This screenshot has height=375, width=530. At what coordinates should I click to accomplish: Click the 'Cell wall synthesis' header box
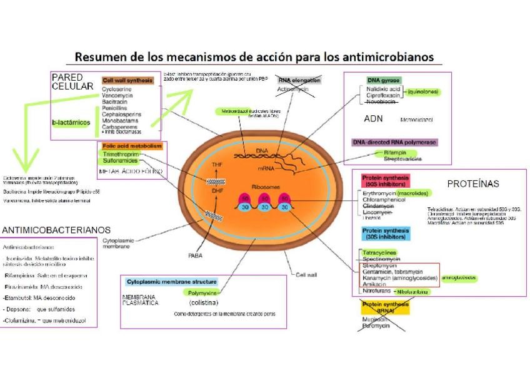127,81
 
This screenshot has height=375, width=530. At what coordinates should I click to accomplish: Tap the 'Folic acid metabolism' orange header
132,146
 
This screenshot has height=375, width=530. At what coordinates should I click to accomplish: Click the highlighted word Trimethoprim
121,154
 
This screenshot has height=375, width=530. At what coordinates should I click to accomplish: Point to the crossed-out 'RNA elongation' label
299,80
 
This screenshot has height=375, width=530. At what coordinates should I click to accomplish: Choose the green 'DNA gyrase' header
383,81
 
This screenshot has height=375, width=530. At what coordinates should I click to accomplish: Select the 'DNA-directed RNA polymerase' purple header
394,142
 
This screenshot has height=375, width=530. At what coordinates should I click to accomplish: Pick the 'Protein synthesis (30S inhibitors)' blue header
386,234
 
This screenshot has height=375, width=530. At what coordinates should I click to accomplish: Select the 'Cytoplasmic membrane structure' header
171,282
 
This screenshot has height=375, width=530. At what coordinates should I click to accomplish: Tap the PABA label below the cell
195,255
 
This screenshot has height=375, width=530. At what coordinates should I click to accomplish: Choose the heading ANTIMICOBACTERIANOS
56,230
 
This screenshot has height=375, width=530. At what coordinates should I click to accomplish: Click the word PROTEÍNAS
473,184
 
